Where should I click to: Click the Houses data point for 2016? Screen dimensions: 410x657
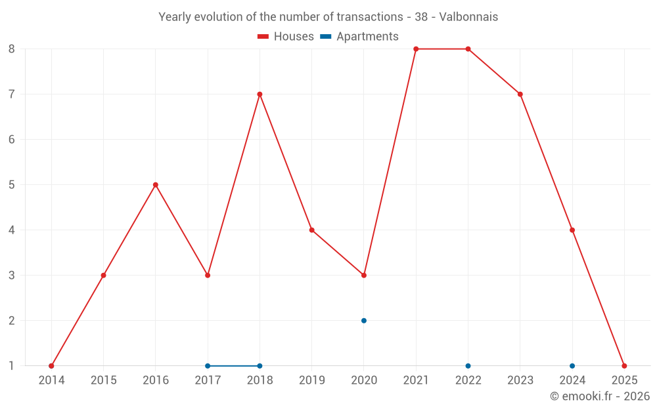(155, 185)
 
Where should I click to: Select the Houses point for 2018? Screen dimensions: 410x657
(260, 94)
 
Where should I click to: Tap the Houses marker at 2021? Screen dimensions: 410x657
(416, 49)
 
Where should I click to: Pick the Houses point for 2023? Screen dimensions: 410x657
(520, 94)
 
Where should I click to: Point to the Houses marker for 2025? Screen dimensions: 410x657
(624, 366)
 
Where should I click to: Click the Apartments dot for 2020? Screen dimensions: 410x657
(364, 321)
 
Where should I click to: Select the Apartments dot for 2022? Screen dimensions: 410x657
(468, 366)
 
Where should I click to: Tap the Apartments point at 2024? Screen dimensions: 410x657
(572, 366)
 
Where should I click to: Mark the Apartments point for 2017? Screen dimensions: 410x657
(208, 366)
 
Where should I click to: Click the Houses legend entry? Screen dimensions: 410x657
(286, 37)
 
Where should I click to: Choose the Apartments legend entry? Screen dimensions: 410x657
(359, 37)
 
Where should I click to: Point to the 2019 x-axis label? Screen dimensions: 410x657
(312, 380)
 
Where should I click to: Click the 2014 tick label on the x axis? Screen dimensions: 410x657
(51, 380)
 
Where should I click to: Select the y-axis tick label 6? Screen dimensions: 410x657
(12, 140)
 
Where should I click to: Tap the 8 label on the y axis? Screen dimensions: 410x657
(12, 49)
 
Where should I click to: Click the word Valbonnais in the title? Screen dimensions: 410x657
(468, 17)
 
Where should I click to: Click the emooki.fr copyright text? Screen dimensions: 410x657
(600, 396)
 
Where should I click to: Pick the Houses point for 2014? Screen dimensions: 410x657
(51, 366)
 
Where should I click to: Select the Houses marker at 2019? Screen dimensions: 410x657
(312, 230)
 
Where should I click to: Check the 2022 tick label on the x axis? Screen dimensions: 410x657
(468, 380)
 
